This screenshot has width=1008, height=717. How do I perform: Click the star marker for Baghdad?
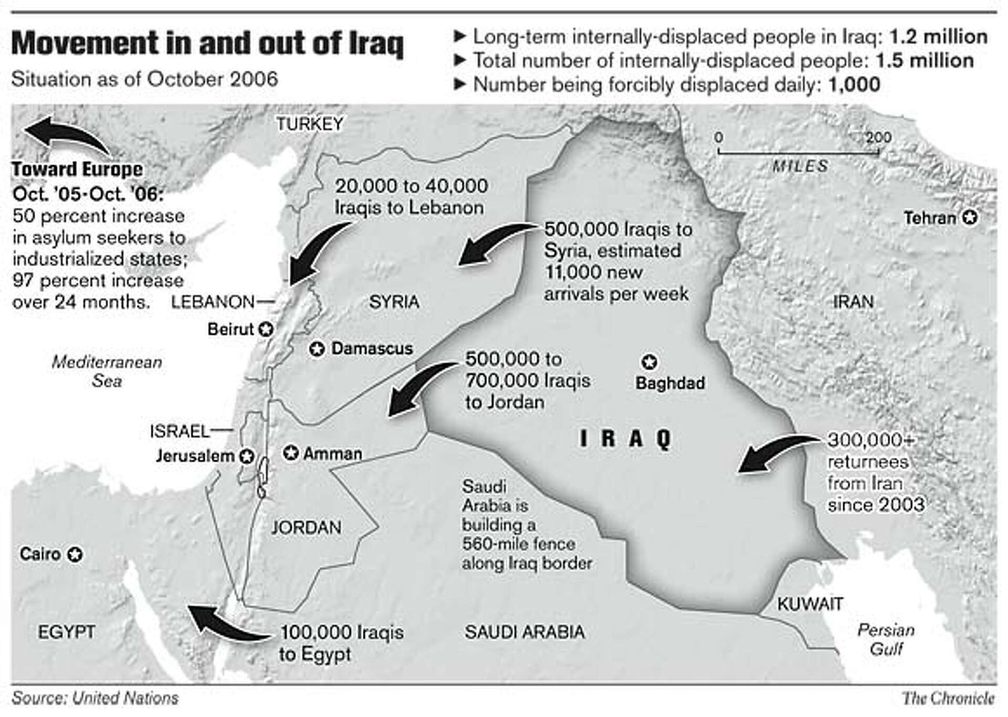650,362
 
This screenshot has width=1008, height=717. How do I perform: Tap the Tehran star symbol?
970,218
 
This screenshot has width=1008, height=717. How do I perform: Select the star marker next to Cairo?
75,554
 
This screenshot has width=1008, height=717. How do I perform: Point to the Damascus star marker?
317,349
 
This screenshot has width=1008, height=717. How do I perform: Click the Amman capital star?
291,453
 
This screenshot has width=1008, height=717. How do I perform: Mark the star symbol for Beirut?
266,329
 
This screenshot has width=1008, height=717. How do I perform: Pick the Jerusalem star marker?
247,456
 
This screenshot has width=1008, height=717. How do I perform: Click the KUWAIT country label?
810,604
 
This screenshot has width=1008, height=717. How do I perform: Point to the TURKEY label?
310,124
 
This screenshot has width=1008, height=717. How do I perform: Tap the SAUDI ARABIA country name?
524,632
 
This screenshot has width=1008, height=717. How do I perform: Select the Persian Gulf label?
886,639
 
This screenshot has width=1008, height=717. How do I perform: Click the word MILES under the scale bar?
800,166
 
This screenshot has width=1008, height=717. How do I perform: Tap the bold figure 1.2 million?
938,37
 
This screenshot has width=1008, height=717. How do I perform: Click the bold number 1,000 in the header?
854,84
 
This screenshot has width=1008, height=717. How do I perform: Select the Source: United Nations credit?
95,698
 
